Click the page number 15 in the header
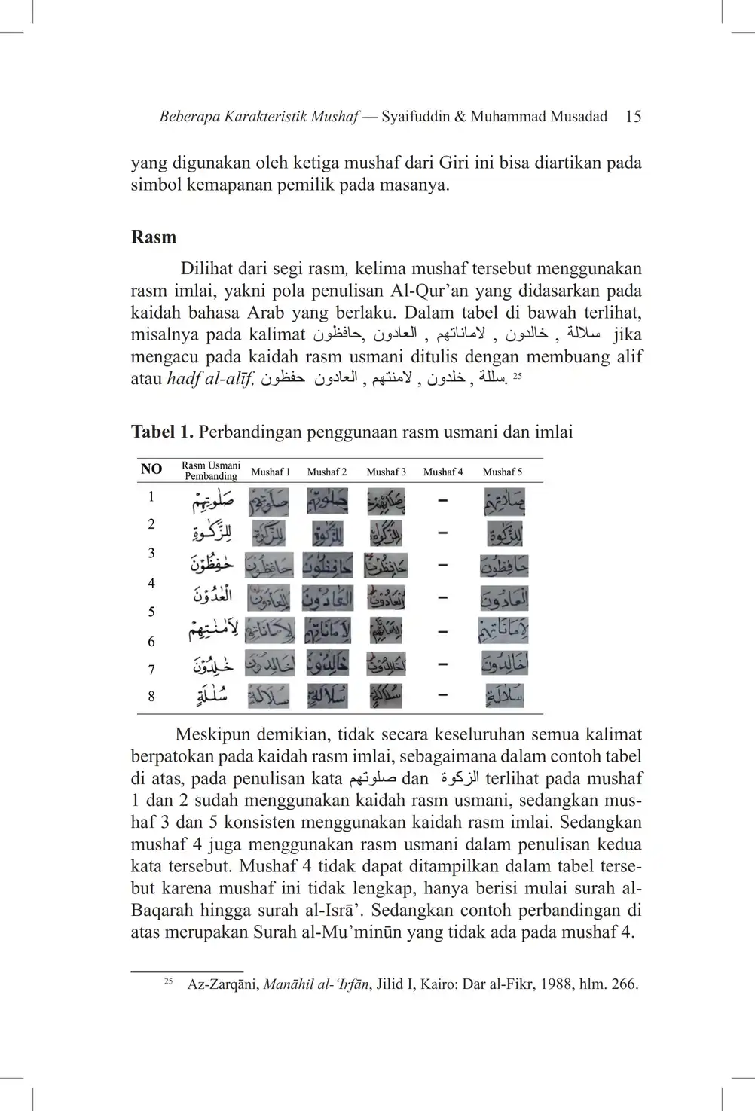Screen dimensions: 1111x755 pyautogui.click(x=633, y=116)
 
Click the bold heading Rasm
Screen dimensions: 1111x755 pyautogui.click(x=154, y=237)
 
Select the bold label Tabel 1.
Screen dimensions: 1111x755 pyautogui.click(x=162, y=432)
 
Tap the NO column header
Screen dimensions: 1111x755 pyautogui.click(x=151, y=469)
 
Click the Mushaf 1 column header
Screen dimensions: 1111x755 pyautogui.click(x=271, y=472)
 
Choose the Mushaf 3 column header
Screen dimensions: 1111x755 pyautogui.click(x=386, y=472)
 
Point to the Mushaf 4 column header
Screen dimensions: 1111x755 pyautogui.click(x=443, y=472)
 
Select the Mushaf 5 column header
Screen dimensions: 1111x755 pyautogui.click(x=503, y=472)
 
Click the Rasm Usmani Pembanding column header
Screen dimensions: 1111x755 pyautogui.click(x=211, y=471)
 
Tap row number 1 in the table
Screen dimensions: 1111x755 pyautogui.click(x=151, y=496)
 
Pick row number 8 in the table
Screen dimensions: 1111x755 pyautogui.click(x=151, y=697)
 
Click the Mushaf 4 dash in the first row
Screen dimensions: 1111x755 pyautogui.click(x=443, y=500)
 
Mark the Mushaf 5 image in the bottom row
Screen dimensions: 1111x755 pyautogui.click(x=504, y=695)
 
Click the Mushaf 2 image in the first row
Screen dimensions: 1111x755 pyautogui.click(x=327, y=501)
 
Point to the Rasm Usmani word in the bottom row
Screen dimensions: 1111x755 pyautogui.click(x=212, y=696)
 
